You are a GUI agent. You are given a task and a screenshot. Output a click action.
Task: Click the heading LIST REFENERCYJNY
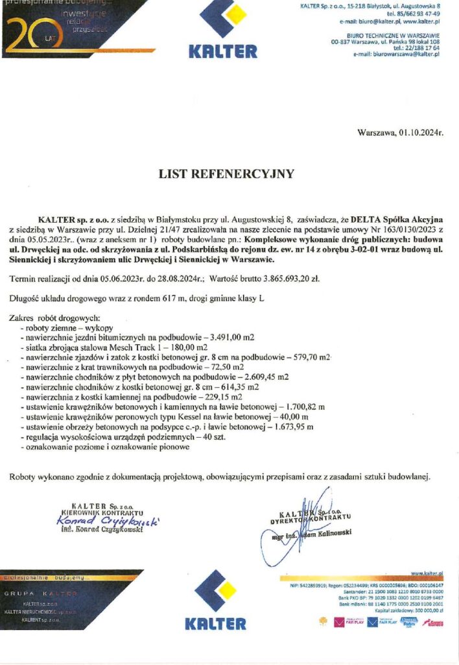226,174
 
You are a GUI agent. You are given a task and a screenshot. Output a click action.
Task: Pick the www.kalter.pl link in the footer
427,574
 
